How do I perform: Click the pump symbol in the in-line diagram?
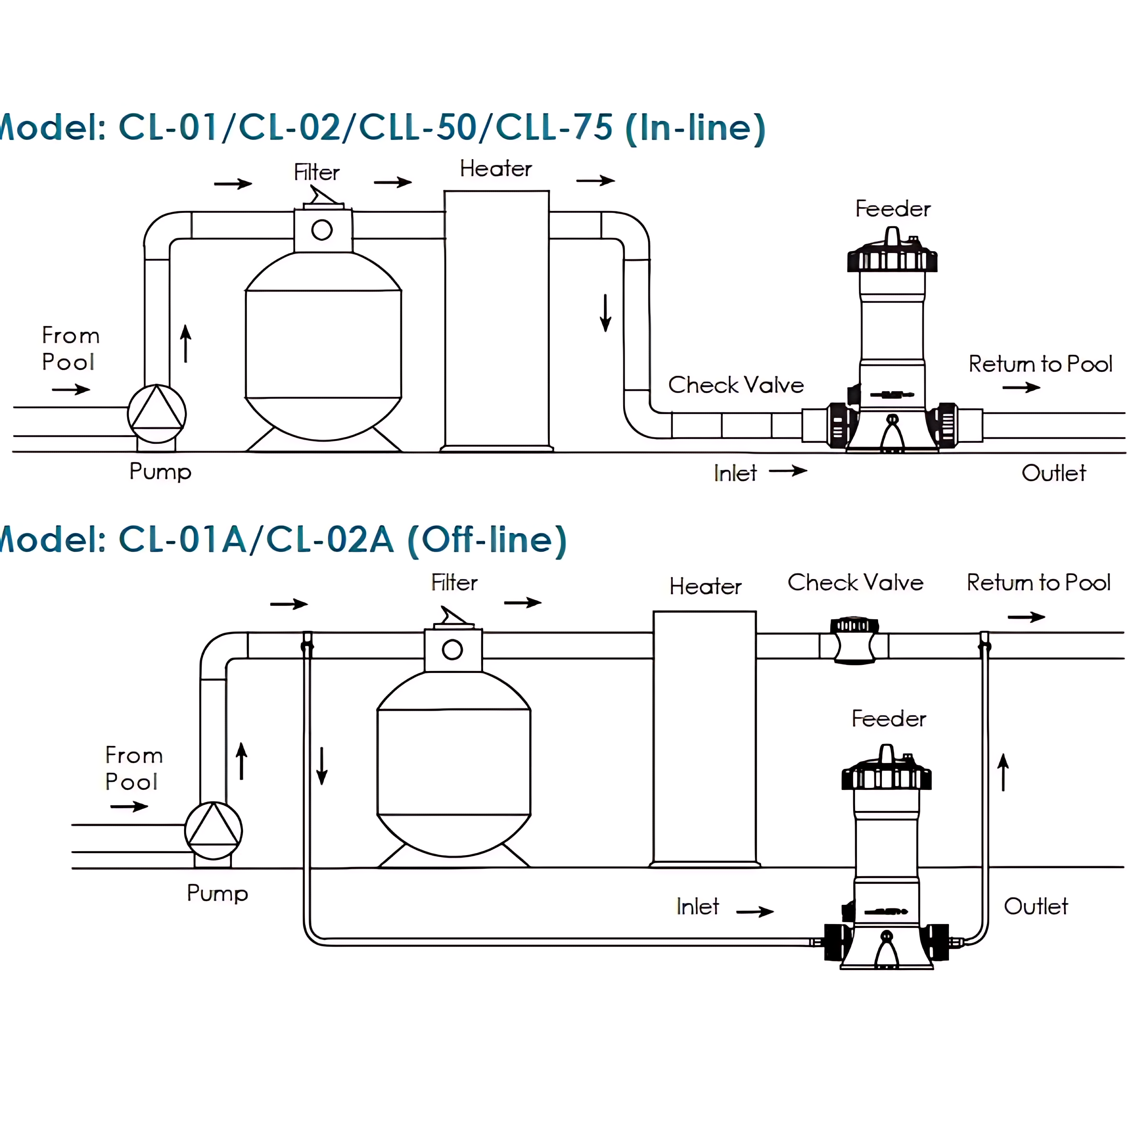(x=157, y=414)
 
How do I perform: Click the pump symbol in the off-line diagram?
(x=213, y=830)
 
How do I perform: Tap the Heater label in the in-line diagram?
(x=495, y=169)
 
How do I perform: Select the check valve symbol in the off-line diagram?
(x=854, y=641)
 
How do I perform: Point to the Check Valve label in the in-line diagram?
(x=736, y=385)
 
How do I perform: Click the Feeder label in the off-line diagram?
(x=888, y=718)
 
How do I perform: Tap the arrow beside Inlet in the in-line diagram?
(x=788, y=471)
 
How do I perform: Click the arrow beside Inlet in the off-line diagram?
(x=755, y=911)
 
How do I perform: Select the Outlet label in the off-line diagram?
(x=1036, y=906)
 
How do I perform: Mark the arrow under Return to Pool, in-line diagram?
(x=1021, y=387)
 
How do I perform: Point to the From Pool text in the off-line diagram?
(x=133, y=768)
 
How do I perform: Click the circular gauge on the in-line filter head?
(x=322, y=230)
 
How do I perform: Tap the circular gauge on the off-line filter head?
(x=452, y=650)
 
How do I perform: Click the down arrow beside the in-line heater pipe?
(x=605, y=313)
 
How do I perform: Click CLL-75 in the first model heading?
(x=554, y=127)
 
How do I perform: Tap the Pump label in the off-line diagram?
(x=217, y=893)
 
